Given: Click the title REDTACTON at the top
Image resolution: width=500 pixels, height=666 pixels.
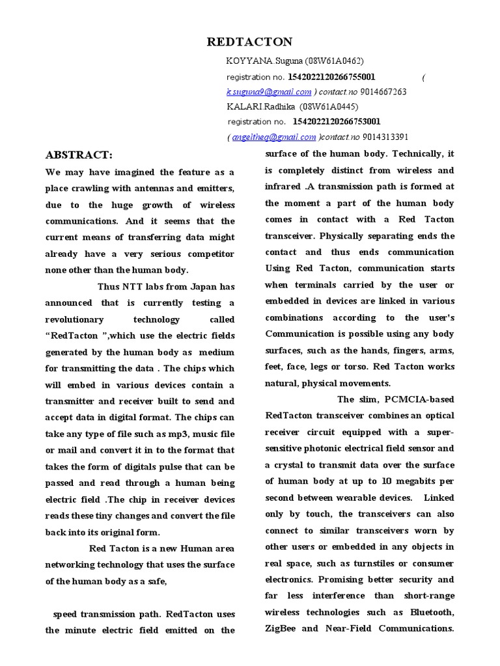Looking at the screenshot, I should point(249,42).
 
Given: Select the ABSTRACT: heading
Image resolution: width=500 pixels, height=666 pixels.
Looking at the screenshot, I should point(79,155).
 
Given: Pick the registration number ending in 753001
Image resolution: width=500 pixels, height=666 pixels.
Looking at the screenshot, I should point(337,122).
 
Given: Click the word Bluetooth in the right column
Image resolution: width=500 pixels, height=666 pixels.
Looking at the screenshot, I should point(432,613).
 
